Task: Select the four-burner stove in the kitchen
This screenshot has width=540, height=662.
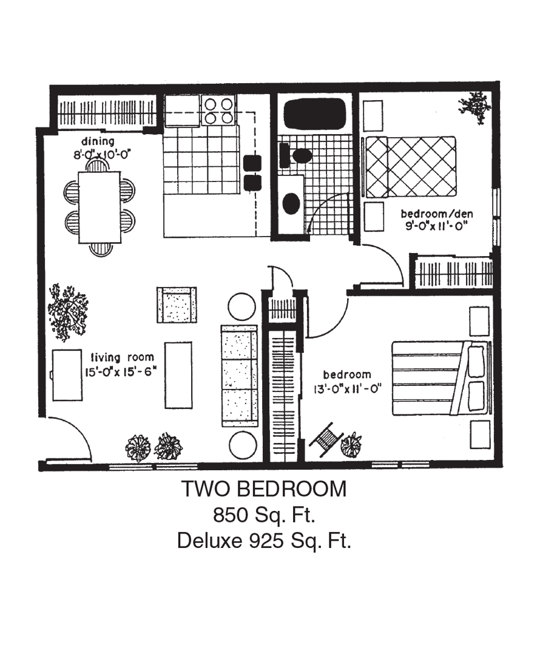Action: click(x=218, y=110)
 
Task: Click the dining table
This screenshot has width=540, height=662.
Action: click(x=100, y=207)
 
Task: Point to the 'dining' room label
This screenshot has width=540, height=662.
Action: click(x=98, y=141)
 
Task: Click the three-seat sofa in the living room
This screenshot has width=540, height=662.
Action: click(x=239, y=376)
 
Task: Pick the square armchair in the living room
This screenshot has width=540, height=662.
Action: click(x=177, y=305)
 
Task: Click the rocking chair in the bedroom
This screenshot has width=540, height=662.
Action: click(x=326, y=439)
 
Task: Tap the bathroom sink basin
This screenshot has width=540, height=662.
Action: click(x=291, y=203)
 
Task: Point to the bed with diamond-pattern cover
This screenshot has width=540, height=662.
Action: click(x=410, y=167)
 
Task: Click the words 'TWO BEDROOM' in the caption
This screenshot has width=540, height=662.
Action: click(x=265, y=489)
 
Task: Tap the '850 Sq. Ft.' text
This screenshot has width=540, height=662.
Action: click(x=265, y=515)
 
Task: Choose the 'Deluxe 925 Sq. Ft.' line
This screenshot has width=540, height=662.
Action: click(x=265, y=541)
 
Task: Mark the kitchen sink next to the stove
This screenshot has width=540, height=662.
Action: click(x=182, y=110)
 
